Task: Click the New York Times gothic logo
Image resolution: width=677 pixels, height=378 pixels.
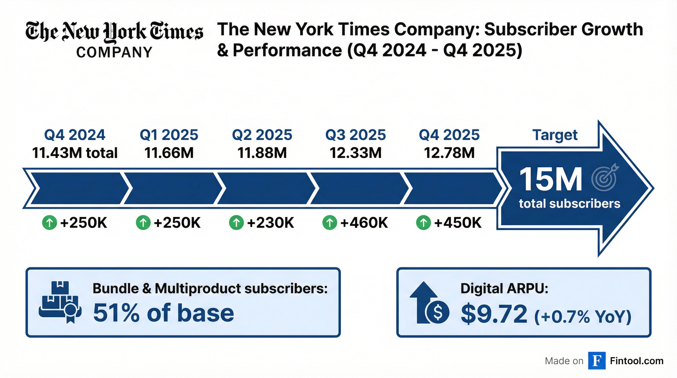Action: coord(114,32)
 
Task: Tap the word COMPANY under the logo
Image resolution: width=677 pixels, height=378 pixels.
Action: coord(114,52)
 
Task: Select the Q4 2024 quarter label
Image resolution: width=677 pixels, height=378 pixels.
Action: coord(75,135)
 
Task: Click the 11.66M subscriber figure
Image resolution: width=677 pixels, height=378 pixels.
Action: coord(169,153)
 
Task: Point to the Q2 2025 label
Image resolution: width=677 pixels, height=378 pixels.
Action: coord(262,135)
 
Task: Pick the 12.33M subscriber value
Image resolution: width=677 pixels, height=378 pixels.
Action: coord(355,153)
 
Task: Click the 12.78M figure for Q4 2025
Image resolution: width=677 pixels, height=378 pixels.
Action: coord(449,153)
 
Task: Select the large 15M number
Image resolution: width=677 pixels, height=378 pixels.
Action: coord(551,180)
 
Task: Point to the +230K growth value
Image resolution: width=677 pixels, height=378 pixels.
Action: coord(270,223)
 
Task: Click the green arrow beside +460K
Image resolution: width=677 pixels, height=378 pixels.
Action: coord(330,223)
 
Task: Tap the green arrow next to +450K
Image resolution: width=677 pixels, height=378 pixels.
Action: coord(423,223)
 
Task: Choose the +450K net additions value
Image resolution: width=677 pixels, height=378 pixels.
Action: coord(458,223)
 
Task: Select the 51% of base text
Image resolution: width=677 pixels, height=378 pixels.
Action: coord(163,313)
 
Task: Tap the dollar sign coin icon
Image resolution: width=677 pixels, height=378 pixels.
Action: coord(438,312)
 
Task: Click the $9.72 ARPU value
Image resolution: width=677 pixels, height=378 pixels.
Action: coord(494,314)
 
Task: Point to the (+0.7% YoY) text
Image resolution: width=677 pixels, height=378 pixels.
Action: coord(583,316)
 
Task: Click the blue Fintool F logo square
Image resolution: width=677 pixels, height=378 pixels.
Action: coord(597,361)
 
